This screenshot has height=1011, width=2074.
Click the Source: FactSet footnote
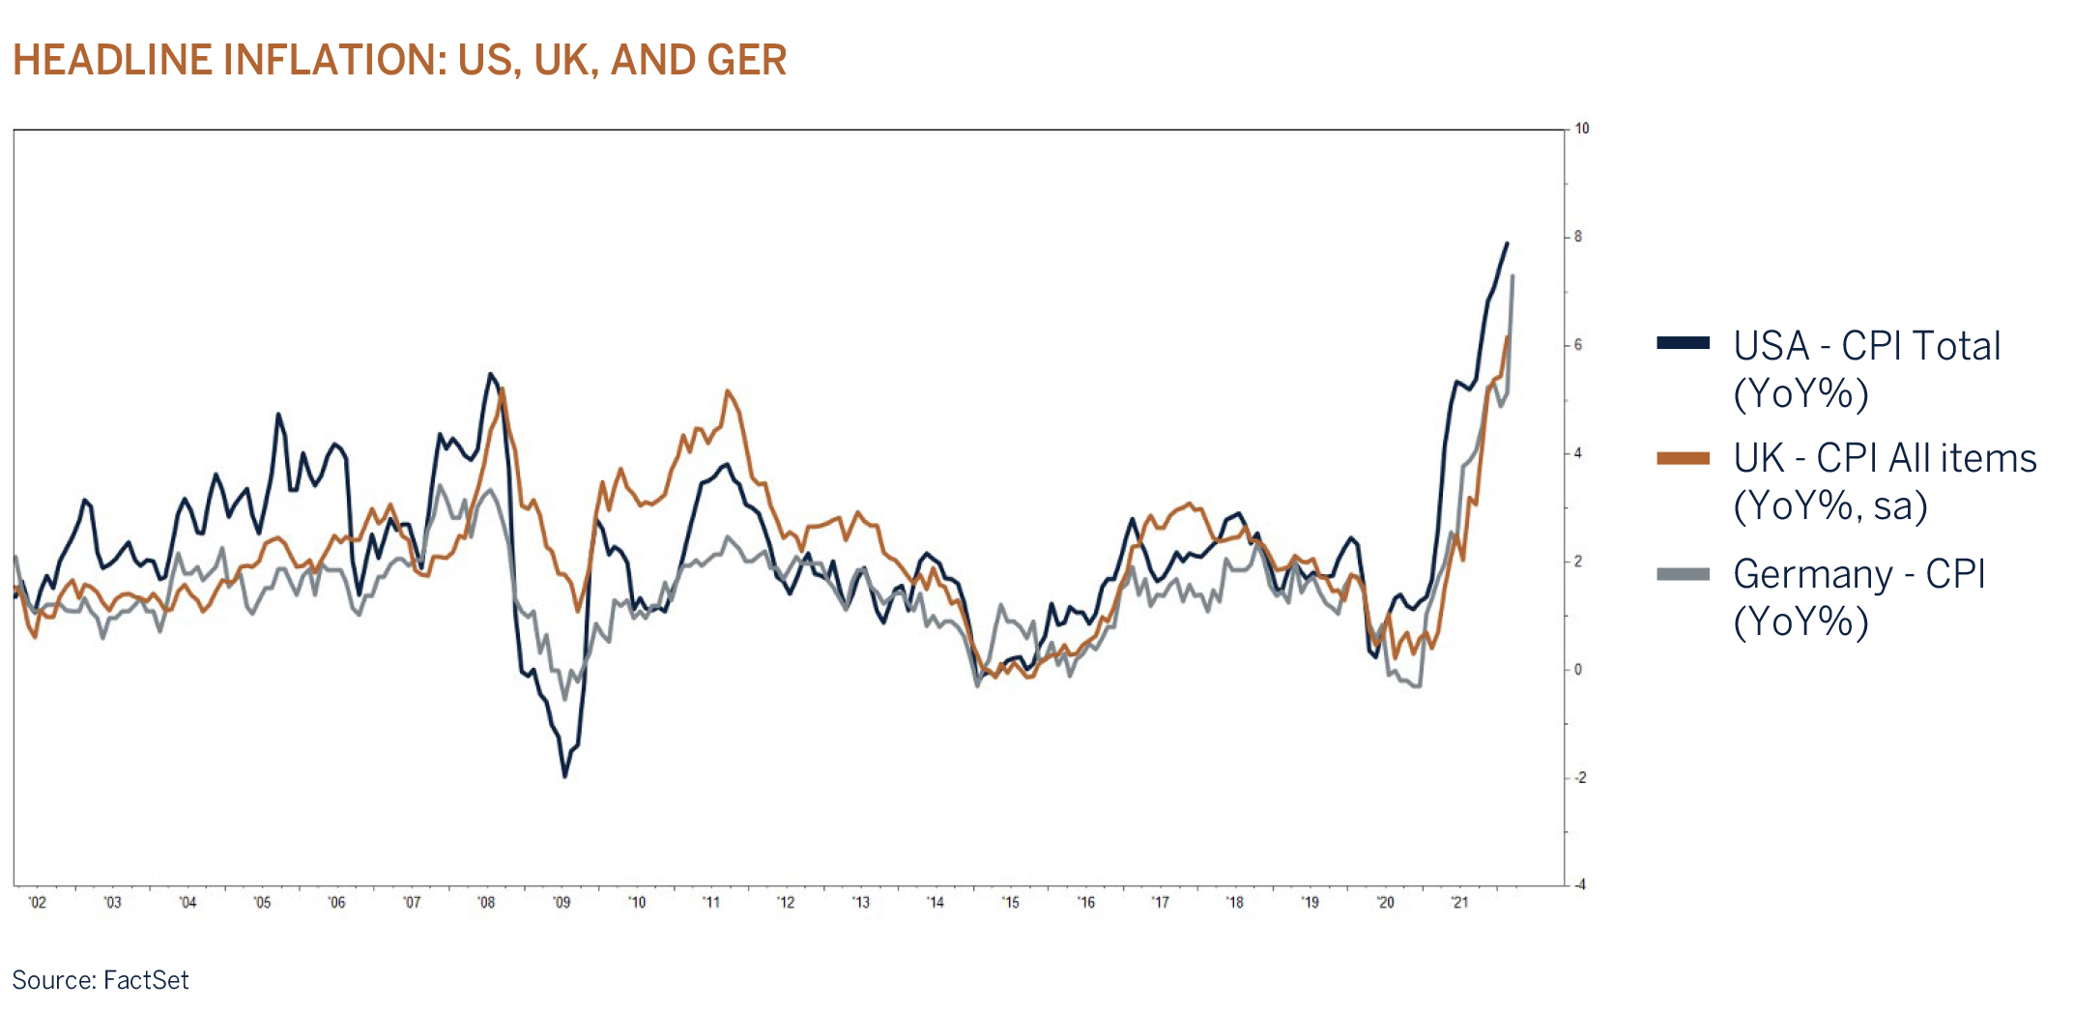click(101, 980)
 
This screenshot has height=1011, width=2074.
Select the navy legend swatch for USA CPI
click(1683, 343)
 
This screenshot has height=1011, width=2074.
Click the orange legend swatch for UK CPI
click(1683, 458)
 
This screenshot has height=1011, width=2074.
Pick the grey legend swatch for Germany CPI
click(1683, 574)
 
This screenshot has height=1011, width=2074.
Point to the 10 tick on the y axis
click(1581, 129)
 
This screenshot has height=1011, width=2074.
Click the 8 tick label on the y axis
click(1577, 237)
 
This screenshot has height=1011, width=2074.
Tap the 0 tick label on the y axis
click(1577, 670)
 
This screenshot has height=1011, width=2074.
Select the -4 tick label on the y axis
click(1578, 884)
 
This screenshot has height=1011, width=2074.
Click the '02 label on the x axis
click(37, 903)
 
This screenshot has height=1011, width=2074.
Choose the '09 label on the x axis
click(562, 903)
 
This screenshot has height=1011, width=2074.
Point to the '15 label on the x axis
click(1010, 903)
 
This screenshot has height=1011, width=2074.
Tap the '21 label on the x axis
click(1459, 903)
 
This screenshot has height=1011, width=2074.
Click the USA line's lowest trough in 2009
click(565, 775)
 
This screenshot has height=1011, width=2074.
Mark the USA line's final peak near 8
click(1507, 244)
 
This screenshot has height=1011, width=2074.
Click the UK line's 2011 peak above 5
click(728, 391)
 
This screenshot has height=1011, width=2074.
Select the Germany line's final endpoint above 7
click(1512, 276)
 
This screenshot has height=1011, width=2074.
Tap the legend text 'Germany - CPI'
click(1858, 574)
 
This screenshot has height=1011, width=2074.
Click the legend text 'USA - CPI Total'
click(1865, 346)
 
